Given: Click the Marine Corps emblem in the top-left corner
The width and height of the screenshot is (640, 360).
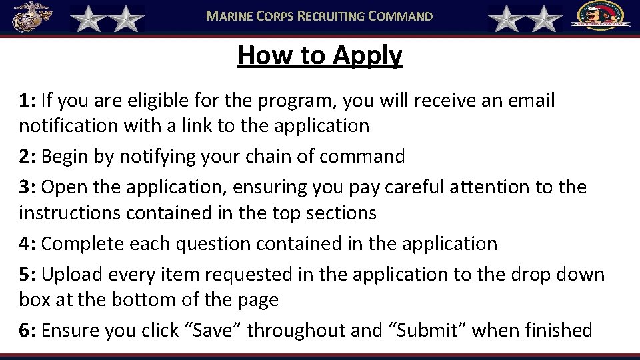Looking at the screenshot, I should coord(30,17).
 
